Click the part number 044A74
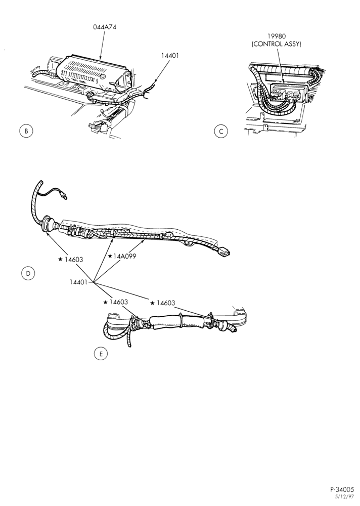click(105, 27)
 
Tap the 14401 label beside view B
click(170, 56)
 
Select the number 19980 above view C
click(277, 36)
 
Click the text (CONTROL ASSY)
click(277, 44)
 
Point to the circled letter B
click(26, 131)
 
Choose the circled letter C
click(221, 132)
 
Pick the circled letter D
click(28, 273)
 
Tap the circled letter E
click(101, 354)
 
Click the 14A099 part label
click(124, 256)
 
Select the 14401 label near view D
click(78, 282)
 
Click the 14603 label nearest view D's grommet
click(73, 259)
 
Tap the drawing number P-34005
click(342, 489)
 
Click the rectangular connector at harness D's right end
click(223, 251)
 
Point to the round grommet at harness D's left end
click(48, 223)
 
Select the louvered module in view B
click(94, 72)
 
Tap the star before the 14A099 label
click(110, 256)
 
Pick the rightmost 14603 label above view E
click(165, 303)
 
